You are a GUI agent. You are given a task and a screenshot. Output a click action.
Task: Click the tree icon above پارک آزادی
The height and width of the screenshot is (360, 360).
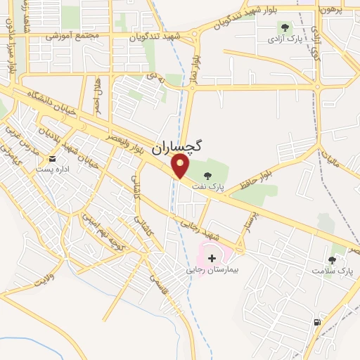[x=285, y=27]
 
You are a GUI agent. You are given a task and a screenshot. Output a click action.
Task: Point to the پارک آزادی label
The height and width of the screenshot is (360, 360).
[x=288, y=39]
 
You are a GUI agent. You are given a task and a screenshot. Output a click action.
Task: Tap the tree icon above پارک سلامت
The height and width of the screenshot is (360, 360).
[x=332, y=259]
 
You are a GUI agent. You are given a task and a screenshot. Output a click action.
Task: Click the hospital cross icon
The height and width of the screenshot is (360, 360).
[x=212, y=258]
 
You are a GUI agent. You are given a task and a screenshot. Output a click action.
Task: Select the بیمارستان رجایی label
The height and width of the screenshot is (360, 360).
[x=217, y=269]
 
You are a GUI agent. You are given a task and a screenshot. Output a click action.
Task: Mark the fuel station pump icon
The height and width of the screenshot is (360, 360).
[x=317, y=323]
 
